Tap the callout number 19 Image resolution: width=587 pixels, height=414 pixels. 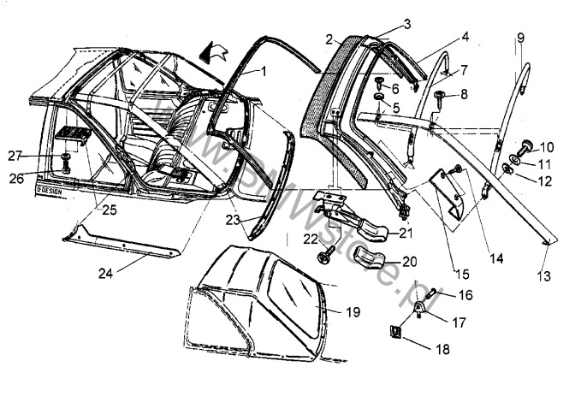[x=353, y=311]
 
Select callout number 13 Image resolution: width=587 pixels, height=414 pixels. [x=543, y=276]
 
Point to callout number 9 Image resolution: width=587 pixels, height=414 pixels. [x=520, y=38]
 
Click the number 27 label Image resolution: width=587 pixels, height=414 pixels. [x=38, y=156]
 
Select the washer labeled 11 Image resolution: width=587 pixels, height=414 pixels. [x=519, y=159]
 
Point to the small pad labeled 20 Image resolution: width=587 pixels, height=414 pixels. [x=374, y=257]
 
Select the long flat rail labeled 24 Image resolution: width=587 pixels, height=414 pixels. [x=128, y=244]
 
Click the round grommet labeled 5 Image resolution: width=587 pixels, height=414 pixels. [x=377, y=108]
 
